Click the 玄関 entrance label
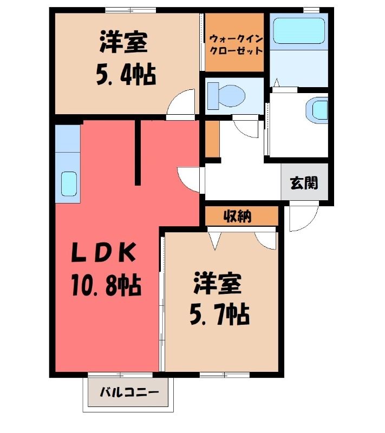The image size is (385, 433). [304, 183]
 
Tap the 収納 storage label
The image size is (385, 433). [238, 216]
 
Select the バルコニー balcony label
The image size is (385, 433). [129, 392]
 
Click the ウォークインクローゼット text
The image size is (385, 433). [236, 45]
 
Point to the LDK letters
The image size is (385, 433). [104, 252]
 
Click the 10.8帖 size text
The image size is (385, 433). [107, 285]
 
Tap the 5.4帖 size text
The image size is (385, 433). [126, 75]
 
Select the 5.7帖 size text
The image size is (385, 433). [219, 314]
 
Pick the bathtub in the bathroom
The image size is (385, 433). [298, 31]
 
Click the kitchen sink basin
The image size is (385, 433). [69, 184]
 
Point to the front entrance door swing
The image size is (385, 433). [304, 216]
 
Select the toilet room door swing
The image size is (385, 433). [246, 127]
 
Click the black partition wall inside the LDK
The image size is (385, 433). [138, 153]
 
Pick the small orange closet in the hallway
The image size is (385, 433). [212, 139]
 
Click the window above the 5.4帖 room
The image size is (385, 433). [130, 10]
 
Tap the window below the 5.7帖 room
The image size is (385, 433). [224, 375]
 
